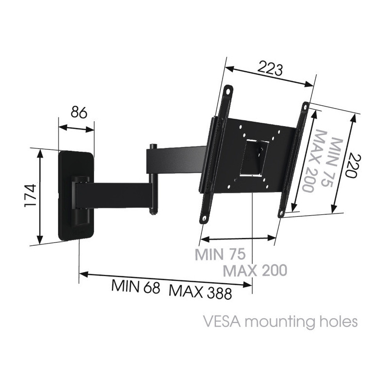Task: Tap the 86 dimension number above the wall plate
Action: [79, 113]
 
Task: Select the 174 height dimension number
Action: [31, 195]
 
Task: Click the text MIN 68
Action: [136, 287]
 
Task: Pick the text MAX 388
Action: [200, 292]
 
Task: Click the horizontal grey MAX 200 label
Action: [255, 270]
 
